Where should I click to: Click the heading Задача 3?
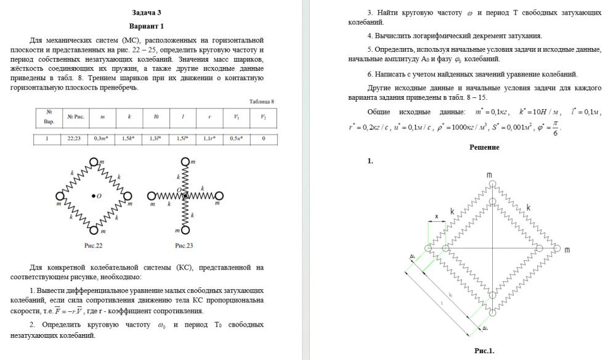click(x=146, y=12)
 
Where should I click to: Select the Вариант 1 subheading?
click(x=146, y=27)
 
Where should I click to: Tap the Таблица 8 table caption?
click(x=261, y=101)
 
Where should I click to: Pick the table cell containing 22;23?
click(x=74, y=139)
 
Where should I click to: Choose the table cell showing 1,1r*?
click(x=209, y=139)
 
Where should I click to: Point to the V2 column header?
click(x=263, y=117)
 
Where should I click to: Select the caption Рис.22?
click(x=94, y=245)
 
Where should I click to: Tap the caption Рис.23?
click(x=184, y=245)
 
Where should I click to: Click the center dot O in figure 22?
click(x=93, y=196)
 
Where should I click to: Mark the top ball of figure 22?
click(x=95, y=163)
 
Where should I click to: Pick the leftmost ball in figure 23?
click(x=152, y=196)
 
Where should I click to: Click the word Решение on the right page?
click(x=484, y=147)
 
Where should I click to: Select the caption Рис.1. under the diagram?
click(x=484, y=351)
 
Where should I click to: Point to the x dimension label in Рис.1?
click(x=437, y=216)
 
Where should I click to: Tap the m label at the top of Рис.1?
click(x=489, y=175)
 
